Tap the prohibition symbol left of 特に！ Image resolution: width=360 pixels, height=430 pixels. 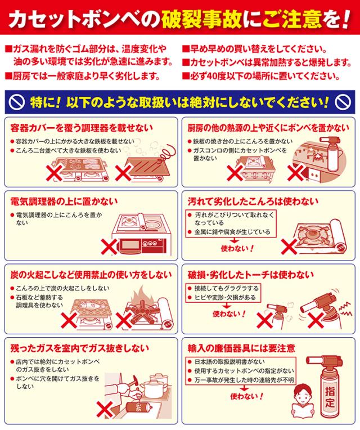tap(17, 102)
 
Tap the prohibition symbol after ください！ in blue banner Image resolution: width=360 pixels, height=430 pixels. tap(343, 102)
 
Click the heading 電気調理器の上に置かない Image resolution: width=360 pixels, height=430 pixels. tap(64, 202)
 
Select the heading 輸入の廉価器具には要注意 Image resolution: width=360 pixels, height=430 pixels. tap(241, 348)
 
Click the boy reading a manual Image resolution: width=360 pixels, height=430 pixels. tap(303, 401)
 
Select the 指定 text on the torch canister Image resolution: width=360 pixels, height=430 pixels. tap(330, 396)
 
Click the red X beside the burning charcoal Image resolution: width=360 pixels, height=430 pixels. tap(124, 320)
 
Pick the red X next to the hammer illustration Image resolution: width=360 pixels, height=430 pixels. tap(105, 409)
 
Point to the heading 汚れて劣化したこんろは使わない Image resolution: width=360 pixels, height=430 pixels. tap(253, 202)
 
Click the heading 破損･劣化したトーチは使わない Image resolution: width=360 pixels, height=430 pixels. tap(251, 275)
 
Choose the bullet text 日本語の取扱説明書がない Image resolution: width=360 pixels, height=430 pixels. tap(229, 362)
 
